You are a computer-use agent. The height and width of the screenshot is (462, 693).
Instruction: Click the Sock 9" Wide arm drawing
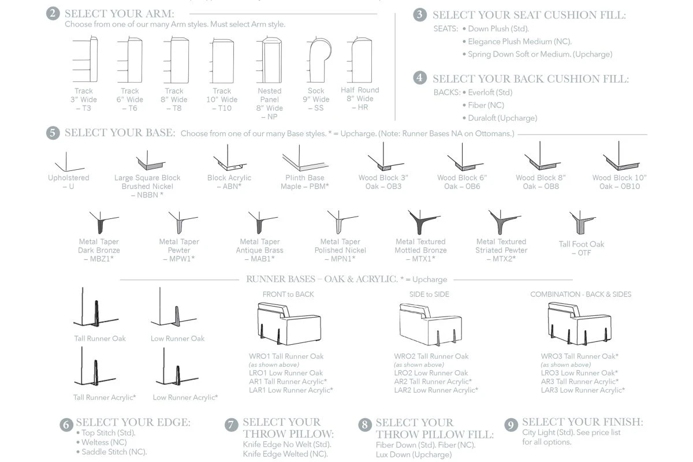click(x=319, y=59)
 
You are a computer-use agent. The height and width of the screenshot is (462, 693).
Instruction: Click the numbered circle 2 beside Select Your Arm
click(x=53, y=14)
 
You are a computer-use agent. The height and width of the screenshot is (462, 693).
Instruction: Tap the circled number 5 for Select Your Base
click(x=53, y=133)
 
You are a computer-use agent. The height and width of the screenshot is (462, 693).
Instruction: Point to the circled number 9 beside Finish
click(x=511, y=425)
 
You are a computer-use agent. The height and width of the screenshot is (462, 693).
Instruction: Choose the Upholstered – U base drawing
click(x=69, y=162)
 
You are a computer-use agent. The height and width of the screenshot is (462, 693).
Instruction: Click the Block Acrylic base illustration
click(x=230, y=158)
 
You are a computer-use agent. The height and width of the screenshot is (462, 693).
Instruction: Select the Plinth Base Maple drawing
click(x=305, y=158)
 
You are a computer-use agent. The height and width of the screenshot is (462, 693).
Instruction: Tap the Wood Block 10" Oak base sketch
click(x=620, y=156)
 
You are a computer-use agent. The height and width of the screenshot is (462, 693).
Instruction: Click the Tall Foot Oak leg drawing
click(x=582, y=222)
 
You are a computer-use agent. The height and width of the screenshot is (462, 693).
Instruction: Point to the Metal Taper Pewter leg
click(x=182, y=222)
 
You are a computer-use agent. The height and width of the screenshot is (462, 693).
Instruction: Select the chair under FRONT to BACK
click(x=289, y=323)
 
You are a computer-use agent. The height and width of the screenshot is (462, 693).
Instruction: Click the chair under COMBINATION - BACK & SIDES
click(x=579, y=323)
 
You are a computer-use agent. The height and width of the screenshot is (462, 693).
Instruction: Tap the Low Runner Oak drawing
click(x=173, y=307)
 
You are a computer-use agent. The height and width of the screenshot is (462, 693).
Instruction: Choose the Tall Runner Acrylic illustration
click(x=95, y=366)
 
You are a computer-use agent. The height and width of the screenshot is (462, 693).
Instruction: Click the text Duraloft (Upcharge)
click(x=502, y=118)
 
